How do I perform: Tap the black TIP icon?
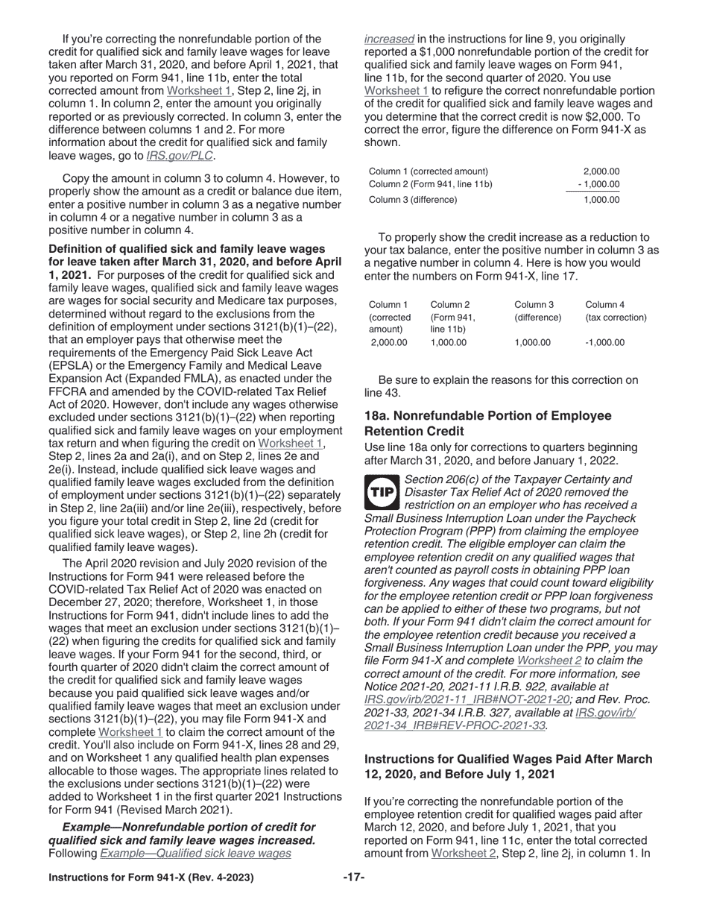tap(382, 492)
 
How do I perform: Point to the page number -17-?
tap(353, 877)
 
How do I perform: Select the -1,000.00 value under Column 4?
tap(604, 343)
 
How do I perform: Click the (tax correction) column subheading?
tap(616, 318)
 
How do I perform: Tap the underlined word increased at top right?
tap(389, 39)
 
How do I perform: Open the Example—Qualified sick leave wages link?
tap(195, 854)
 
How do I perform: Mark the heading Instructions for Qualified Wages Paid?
tap(508, 766)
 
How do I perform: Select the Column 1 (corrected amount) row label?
tap(429, 171)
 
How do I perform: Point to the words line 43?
tap(382, 393)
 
